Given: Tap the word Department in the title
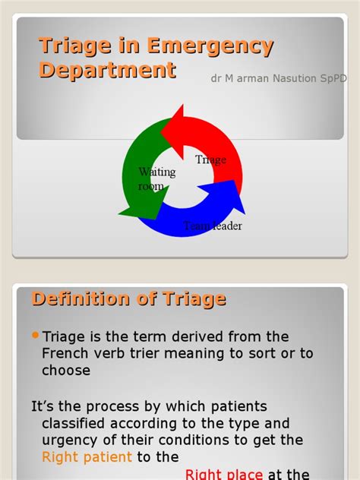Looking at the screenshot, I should click(107, 71).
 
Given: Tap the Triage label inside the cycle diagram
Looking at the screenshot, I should click(211, 159).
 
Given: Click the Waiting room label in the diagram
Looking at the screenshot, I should click(156, 179).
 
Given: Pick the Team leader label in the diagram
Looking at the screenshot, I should click(213, 226).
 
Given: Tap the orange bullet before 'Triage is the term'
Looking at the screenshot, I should click(36, 336).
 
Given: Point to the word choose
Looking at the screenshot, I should click(67, 371).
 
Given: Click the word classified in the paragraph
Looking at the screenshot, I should click(77, 423).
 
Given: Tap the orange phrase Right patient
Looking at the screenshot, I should click(87, 457).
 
